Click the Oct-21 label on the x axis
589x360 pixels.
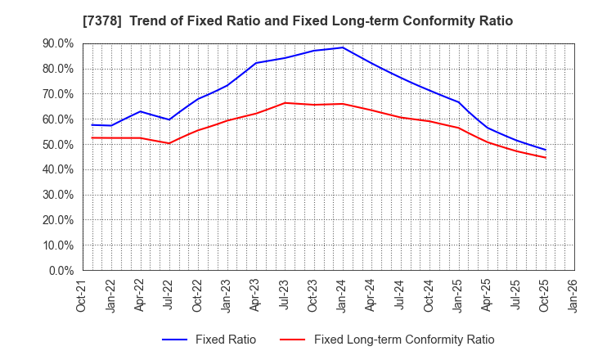83,296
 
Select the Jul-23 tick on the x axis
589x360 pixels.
285,296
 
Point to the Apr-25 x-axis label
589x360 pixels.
487,296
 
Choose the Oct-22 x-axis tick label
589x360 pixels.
198,296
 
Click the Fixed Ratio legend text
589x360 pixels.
225,340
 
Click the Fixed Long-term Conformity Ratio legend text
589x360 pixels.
404,340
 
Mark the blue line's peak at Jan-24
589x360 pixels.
343,47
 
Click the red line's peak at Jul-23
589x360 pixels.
285,103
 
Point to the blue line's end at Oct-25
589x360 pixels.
545,150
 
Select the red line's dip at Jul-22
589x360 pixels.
169,143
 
